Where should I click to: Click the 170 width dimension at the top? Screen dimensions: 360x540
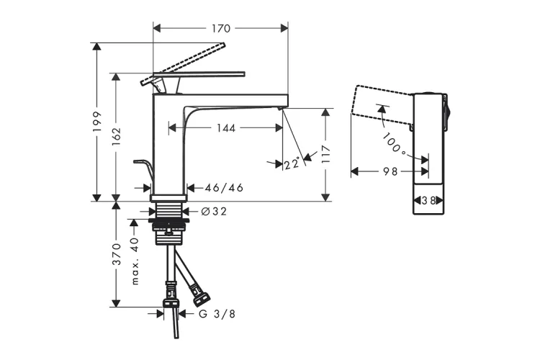pos(221,29)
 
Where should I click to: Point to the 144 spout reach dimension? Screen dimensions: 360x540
pos(226,128)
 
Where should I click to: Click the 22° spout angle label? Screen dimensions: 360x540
pos(291,164)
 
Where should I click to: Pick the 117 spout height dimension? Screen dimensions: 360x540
pos(325,154)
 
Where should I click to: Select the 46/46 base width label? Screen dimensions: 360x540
pos(224,188)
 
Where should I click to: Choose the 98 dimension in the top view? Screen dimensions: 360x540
pos(390,171)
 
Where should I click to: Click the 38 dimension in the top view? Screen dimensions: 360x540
pos(429,201)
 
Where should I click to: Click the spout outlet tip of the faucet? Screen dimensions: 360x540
pos(281,107)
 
